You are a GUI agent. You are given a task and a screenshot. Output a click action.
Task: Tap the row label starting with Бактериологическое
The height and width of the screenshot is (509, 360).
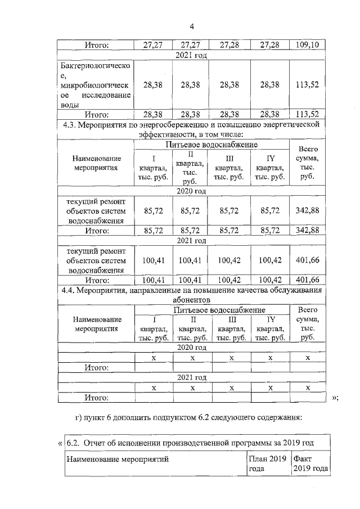96,85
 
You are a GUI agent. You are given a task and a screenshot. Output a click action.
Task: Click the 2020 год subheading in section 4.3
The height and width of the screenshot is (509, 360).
192,191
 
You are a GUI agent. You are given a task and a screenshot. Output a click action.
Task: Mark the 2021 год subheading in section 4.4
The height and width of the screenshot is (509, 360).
192,377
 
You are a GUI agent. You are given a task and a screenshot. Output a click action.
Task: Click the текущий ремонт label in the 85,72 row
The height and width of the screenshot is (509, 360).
96,211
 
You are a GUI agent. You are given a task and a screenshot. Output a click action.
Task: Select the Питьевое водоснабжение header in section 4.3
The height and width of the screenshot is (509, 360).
211,145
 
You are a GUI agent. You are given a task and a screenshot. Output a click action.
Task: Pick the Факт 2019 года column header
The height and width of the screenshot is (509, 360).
310,464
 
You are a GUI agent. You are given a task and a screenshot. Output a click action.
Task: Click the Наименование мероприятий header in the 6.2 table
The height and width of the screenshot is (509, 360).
118,460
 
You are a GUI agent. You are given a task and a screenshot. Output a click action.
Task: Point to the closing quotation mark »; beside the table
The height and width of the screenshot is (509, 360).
335,398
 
